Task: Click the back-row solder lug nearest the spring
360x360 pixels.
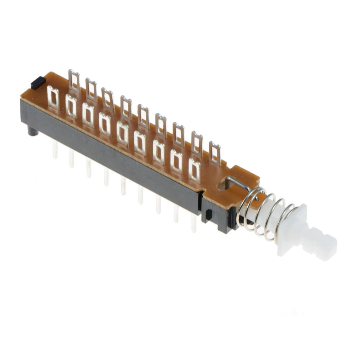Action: (x=215, y=153)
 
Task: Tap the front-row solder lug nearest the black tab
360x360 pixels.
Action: (x=53, y=98)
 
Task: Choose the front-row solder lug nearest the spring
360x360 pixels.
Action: (x=194, y=170)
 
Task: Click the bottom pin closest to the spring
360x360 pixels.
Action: (x=194, y=223)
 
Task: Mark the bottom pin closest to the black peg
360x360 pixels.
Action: (x=55, y=149)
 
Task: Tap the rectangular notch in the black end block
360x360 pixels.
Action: (x=208, y=215)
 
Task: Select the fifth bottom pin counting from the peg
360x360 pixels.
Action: (x=123, y=186)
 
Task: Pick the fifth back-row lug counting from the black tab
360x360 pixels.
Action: (x=143, y=116)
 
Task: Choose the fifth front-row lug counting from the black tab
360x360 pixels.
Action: (x=122, y=133)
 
